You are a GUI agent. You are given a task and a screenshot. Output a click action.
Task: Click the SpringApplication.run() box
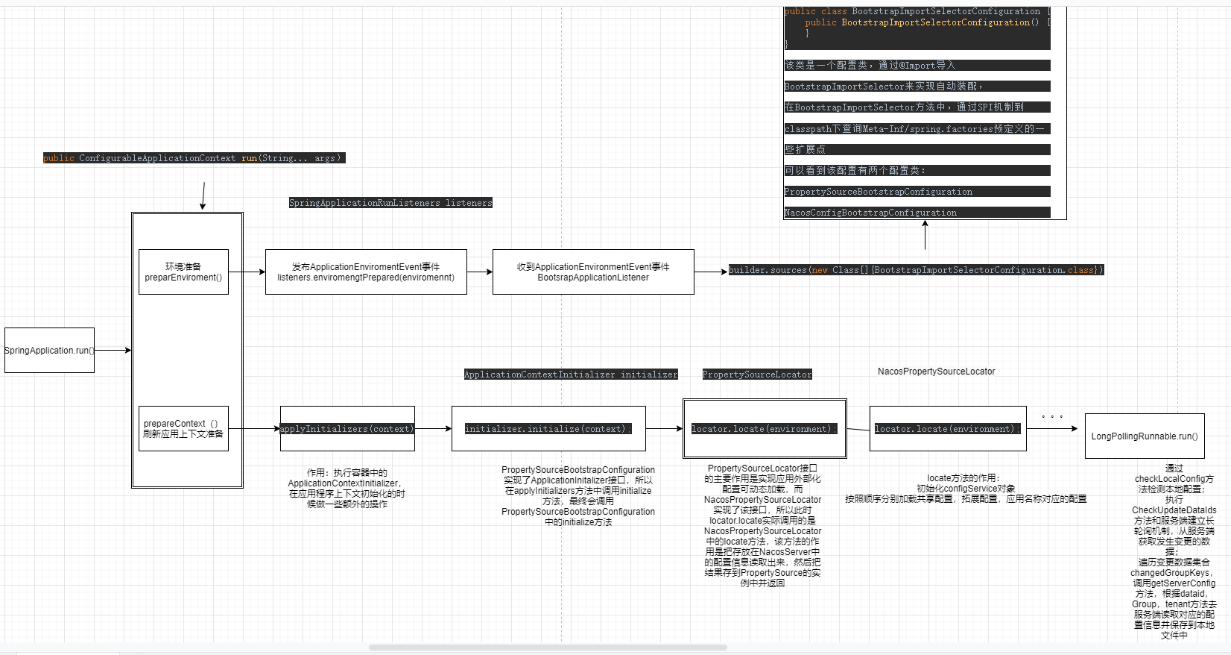pyautogui.click(x=49, y=350)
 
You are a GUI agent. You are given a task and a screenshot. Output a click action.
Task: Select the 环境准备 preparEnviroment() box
pyautogui.click(x=183, y=272)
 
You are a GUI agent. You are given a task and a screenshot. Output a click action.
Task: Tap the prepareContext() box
pyautogui.click(x=183, y=428)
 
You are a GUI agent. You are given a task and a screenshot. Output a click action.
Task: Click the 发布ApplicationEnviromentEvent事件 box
pyautogui.click(x=366, y=272)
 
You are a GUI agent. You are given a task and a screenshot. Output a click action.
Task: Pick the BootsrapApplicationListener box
pyautogui.click(x=593, y=272)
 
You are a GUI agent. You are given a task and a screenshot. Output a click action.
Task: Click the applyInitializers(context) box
pyautogui.click(x=347, y=428)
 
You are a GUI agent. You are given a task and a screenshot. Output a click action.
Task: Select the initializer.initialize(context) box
pyautogui.click(x=548, y=428)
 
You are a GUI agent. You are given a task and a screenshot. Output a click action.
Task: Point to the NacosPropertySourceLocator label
pyautogui.click(x=936, y=371)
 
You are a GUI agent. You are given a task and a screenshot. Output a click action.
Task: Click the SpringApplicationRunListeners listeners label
pyautogui.click(x=390, y=203)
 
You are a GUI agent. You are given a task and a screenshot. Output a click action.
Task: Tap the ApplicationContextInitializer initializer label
pyautogui.click(x=571, y=374)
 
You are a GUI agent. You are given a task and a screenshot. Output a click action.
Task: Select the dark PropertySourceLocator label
pyautogui.click(x=757, y=374)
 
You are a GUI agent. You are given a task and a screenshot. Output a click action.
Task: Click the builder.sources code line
pyautogui.click(x=916, y=270)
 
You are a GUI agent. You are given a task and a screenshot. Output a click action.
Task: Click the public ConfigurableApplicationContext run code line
pyautogui.click(x=194, y=158)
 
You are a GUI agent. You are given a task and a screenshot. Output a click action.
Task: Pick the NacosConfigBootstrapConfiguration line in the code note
pyautogui.click(x=870, y=213)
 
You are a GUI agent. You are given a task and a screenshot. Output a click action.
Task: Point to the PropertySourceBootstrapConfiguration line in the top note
pyautogui.click(x=878, y=192)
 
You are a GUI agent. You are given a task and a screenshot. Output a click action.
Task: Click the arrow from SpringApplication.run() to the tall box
pyautogui.click(x=113, y=350)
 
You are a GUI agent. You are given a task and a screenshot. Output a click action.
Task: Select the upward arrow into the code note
pyautogui.click(x=925, y=235)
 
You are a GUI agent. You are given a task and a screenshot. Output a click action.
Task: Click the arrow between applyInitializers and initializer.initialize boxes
pyautogui.click(x=433, y=428)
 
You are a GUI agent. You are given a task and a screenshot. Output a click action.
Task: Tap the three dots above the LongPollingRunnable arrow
pyautogui.click(x=1052, y=416)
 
